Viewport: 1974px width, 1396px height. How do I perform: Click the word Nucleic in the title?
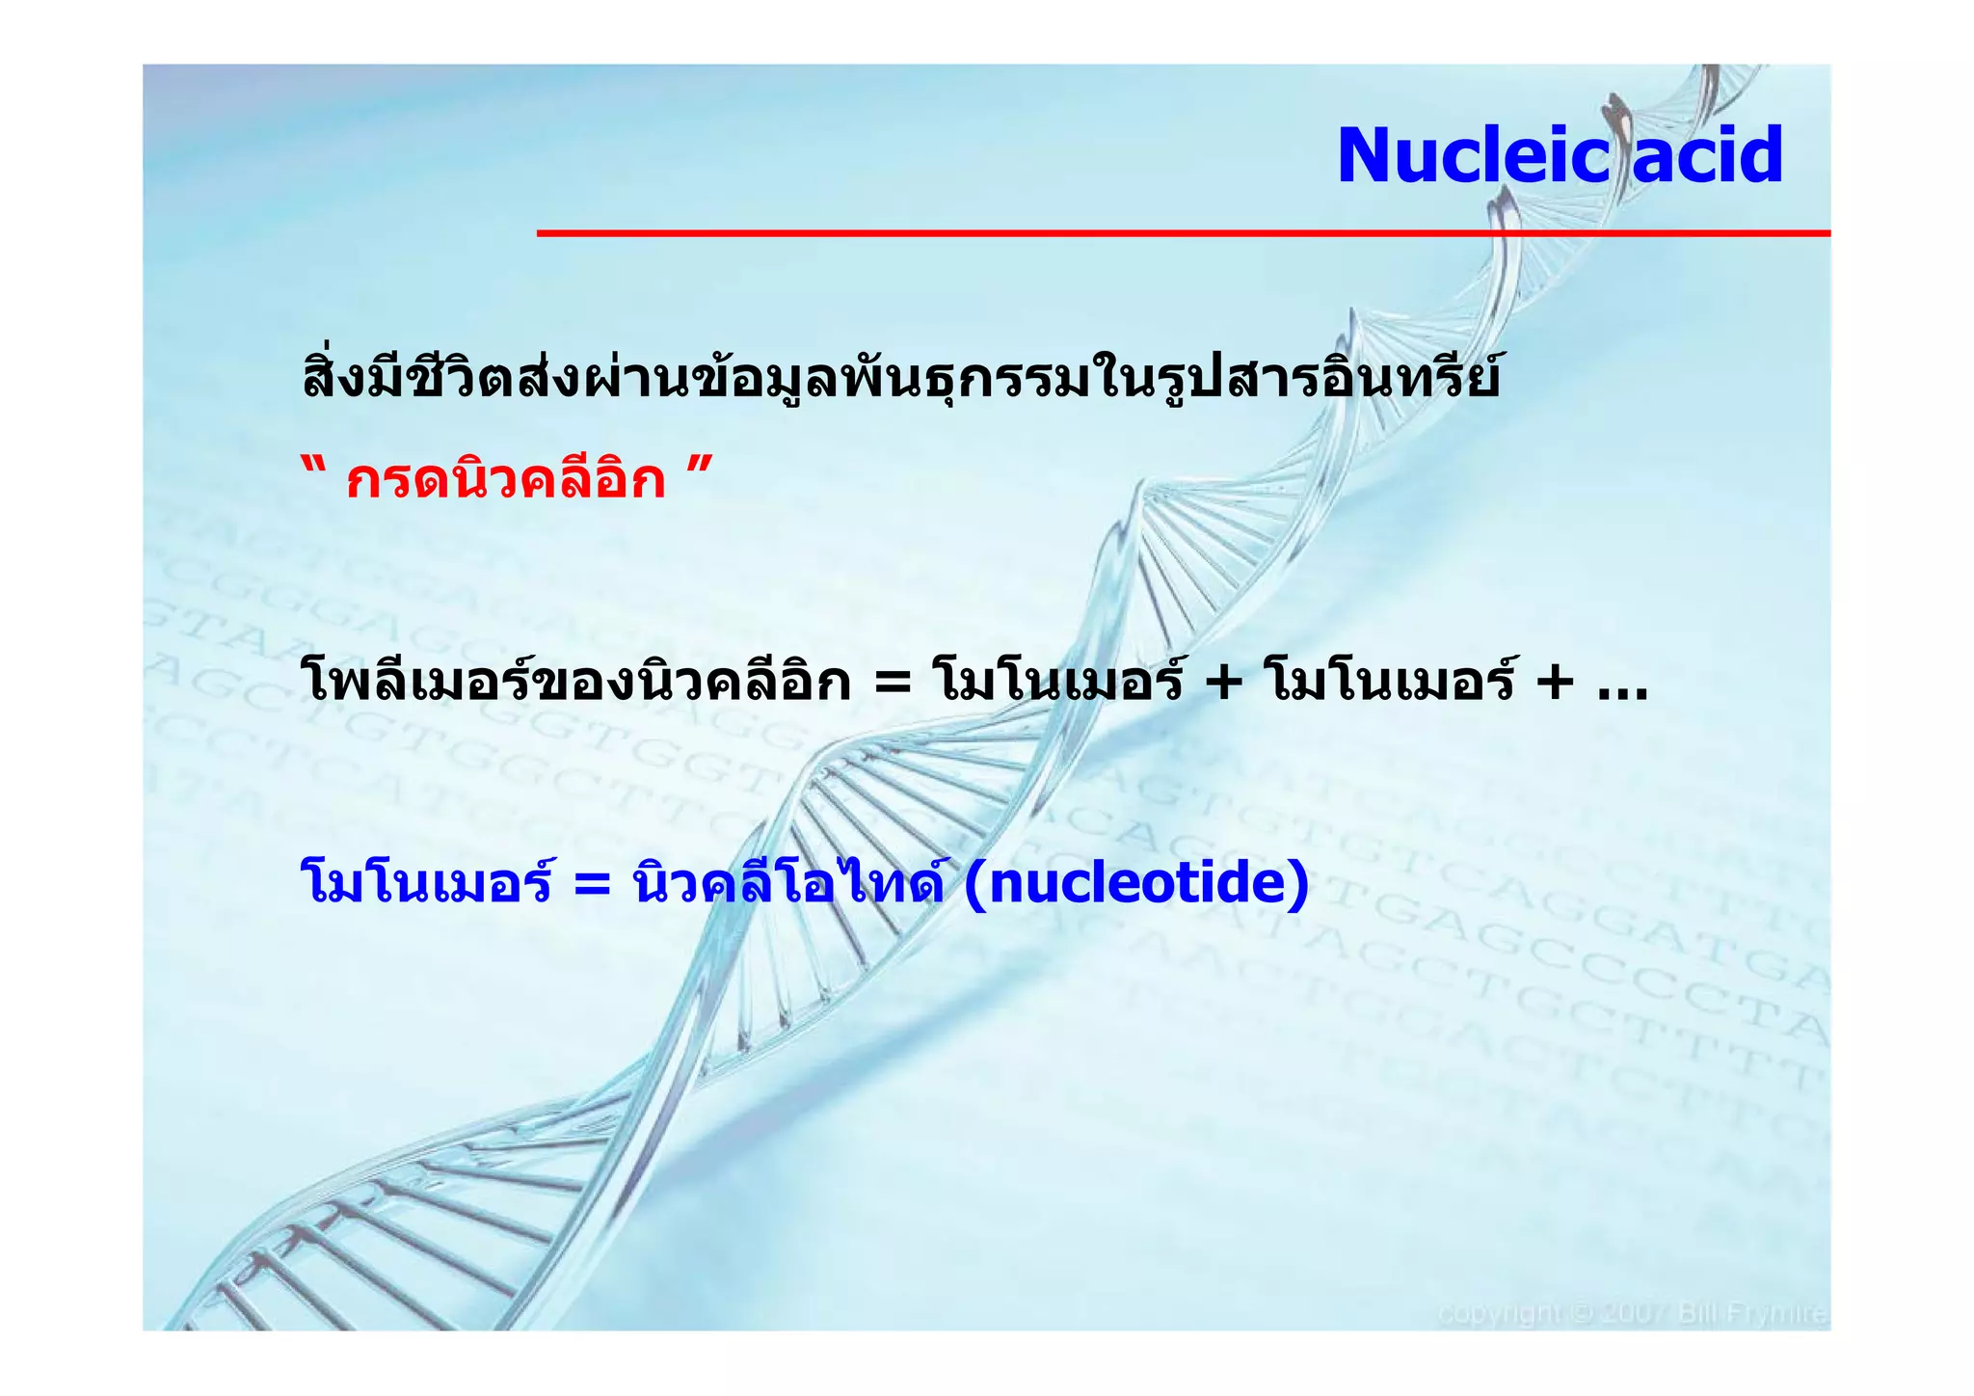click(1473, 155)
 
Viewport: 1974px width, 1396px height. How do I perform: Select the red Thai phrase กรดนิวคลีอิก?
click(506, 479)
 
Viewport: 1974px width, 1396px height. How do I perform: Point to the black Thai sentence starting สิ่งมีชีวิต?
click(900, 378)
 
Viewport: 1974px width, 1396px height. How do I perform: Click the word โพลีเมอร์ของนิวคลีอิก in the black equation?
click(576, 682)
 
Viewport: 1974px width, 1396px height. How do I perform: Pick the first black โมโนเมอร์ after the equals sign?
click(1057, 682)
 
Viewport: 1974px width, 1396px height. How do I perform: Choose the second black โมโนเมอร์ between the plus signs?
click(1388, 682)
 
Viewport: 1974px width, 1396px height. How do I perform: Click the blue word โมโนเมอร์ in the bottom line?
click(426, 882)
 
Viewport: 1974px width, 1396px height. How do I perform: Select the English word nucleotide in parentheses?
click(1137, 882)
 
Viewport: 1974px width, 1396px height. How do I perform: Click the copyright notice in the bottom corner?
click(1632, 1313)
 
